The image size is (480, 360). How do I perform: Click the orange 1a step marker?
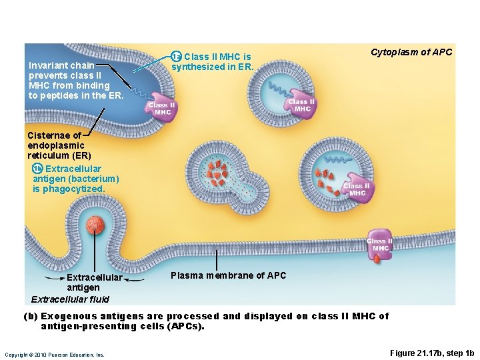176,56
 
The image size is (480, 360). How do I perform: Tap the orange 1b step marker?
37,169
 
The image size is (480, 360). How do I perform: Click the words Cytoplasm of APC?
411,52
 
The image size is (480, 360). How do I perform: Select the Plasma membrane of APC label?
228,275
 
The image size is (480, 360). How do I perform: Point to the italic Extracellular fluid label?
70,299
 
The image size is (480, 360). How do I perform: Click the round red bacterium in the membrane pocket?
97,226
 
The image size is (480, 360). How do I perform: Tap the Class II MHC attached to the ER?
161,109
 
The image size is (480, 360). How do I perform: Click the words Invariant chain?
61,65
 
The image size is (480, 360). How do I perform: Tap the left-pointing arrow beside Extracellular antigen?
53,277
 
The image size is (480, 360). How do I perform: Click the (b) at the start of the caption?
31,316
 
